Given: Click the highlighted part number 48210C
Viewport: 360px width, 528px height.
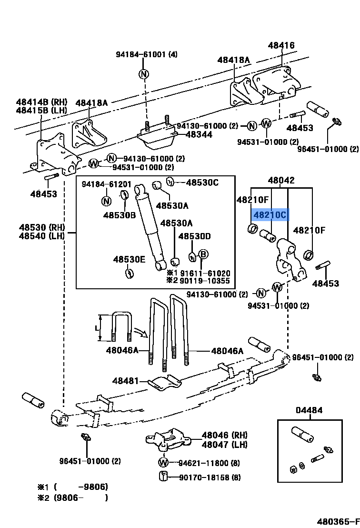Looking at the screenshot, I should [x=270, y=215].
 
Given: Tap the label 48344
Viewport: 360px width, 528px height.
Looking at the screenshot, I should [x=199, y=135].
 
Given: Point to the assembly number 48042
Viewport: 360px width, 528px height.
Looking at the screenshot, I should [x=281, y=181].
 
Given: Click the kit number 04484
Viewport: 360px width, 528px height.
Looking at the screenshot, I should [x=309, y=410].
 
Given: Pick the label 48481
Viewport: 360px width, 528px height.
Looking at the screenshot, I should [x=125, y=381].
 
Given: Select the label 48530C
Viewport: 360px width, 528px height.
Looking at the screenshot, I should [x=202, y=182].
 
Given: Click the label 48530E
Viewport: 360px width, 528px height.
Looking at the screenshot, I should [x=129, y=259].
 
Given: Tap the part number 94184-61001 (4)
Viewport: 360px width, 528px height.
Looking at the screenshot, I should [x=146, y=54].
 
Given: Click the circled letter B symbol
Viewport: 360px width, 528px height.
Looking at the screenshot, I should [x=203, y=254].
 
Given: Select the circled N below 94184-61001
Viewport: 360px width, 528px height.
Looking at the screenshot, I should [x=144, y=74].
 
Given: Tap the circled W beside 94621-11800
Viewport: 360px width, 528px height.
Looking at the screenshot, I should [x=163, y=463].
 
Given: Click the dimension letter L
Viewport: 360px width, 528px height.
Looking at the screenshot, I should [x=97, y=328].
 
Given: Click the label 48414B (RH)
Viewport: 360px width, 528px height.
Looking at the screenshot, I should [x=41, y=102].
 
